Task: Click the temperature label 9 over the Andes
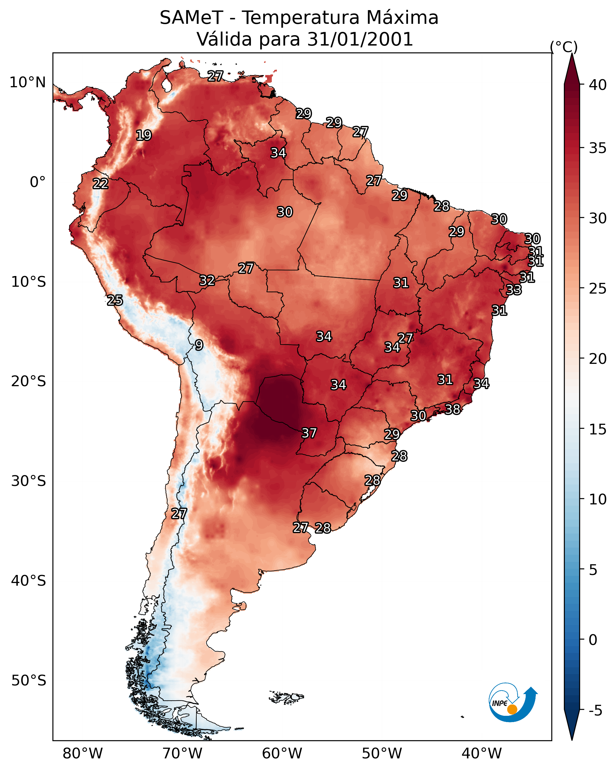click(199, 345)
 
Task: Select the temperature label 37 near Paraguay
click(309, 433)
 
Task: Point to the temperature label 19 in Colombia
click(144, 135)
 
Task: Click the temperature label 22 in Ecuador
click(100, 184)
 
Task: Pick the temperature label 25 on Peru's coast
click(115, 300)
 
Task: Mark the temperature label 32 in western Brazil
click(207, 280)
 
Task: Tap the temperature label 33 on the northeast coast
click(514, 290)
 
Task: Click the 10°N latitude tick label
click(27, 82)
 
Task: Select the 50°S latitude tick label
click(29, 680)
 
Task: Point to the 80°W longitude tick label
click(83, 753)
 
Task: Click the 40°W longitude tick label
click(482, 753)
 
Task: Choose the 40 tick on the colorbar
click(598, 85)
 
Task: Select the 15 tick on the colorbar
click(598, 429)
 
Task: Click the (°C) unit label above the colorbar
click(564, 47)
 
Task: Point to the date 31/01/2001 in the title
click(360, 39)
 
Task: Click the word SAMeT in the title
click(191, 18)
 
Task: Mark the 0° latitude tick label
click(38, 182)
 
